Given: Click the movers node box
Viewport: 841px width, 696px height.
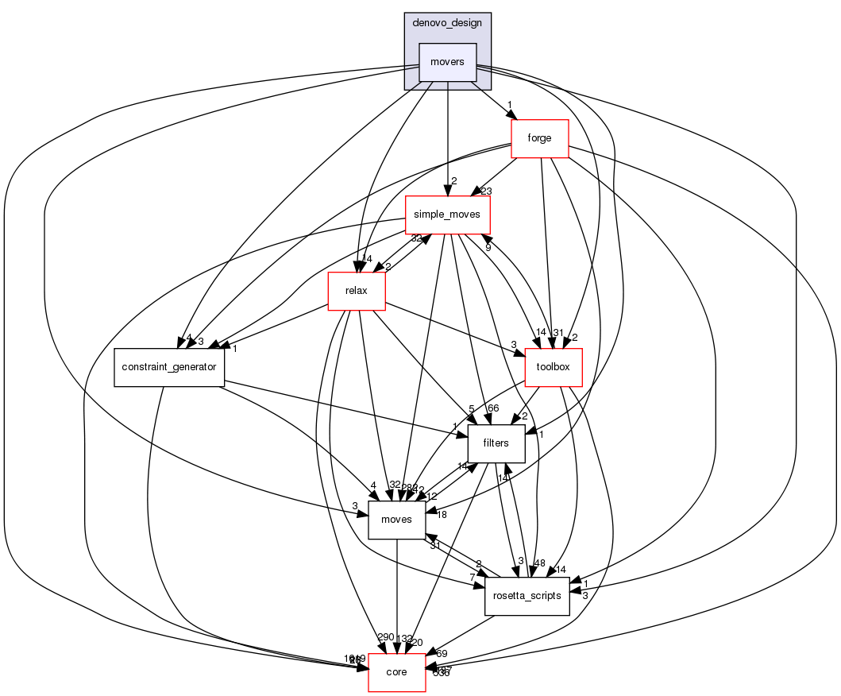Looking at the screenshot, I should coord(447,61).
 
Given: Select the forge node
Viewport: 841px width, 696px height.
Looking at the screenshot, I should coord(540,137).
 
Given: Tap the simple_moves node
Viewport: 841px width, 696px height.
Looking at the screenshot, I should coord(448,215).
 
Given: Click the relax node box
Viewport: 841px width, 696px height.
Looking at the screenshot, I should coord(357,292).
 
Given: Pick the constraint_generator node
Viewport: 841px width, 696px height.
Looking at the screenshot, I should coord(170,367).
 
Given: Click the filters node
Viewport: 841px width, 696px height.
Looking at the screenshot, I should coord(496,443).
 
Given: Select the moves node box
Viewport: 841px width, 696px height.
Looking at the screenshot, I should coord(396,519).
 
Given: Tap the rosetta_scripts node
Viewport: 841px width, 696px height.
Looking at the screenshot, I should coord(527,595).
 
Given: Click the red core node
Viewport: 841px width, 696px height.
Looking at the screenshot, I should coord(396,672).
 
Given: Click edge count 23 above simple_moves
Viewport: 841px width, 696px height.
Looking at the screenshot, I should coord(487,191).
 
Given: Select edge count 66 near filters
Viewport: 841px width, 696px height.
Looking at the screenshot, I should coord(492,408).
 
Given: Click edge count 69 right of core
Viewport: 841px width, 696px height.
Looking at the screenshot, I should coord(442,654).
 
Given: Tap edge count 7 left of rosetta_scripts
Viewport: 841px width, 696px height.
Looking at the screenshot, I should coord(472,576).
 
